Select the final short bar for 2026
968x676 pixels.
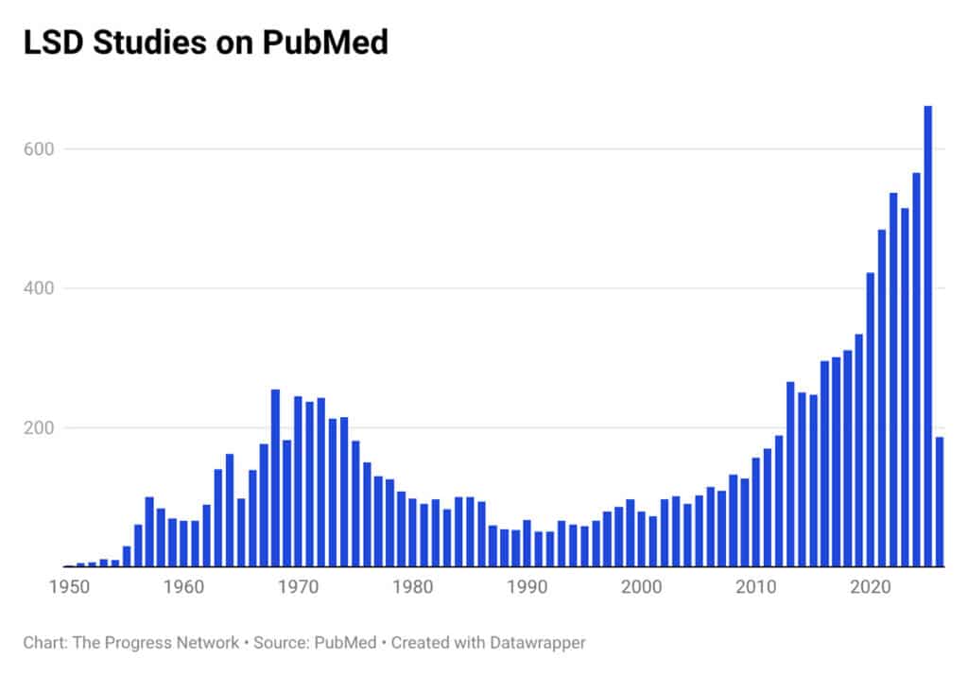940,502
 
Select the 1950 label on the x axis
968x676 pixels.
69,586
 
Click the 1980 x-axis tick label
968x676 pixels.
412,586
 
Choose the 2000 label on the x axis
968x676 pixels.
641,586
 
